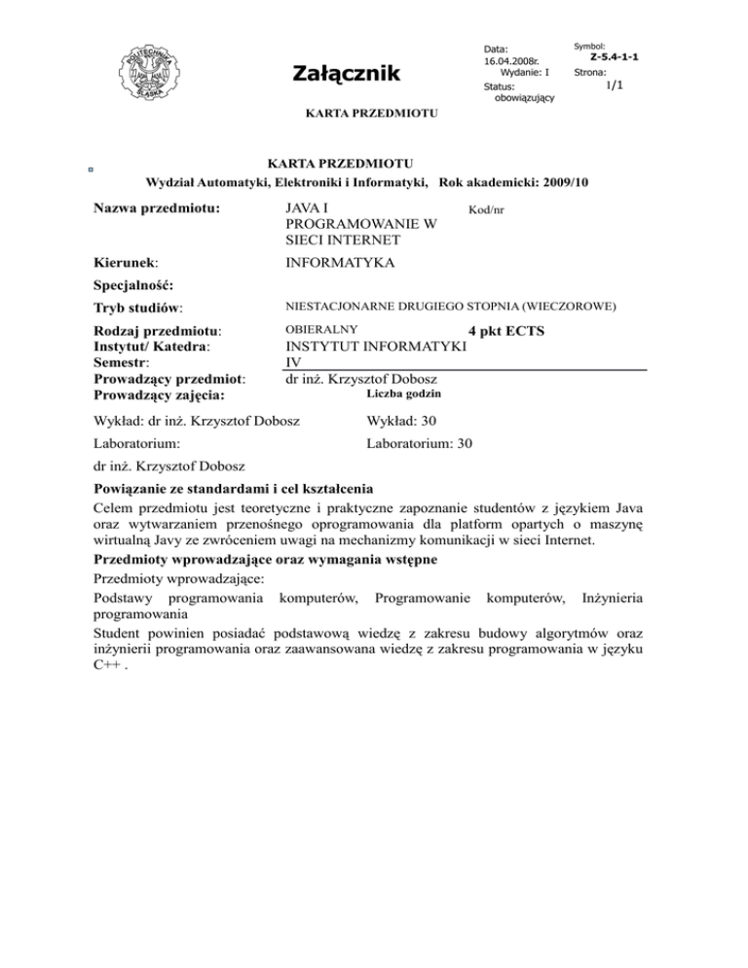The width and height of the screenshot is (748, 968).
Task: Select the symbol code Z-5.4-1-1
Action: [615, 57]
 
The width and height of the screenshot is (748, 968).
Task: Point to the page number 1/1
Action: [614, 88]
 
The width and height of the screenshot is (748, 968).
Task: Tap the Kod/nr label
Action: [486, 209]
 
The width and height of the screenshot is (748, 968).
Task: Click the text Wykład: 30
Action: [402, 421]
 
